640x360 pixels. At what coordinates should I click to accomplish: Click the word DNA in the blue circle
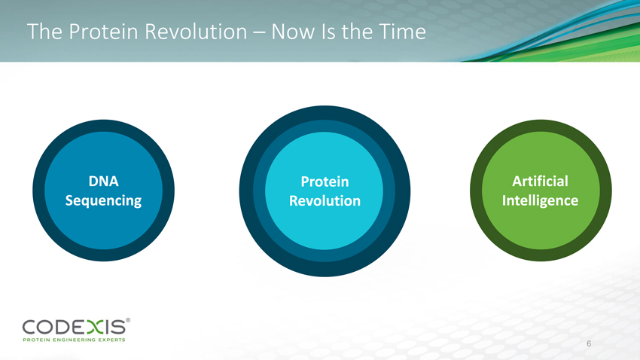pos(104,181)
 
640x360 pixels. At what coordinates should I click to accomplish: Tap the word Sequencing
pos(103,201)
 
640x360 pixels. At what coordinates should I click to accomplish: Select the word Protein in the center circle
pos(325,182)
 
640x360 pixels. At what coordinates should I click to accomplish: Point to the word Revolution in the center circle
pos(325,201)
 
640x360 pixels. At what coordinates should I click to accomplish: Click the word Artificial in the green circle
pos(540,181)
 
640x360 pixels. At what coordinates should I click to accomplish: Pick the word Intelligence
pos(540,201)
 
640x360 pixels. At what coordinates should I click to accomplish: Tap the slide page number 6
pos(589,343)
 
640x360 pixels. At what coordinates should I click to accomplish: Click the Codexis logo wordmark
pos(75,328)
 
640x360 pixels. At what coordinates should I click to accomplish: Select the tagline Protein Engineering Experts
pos(74,340)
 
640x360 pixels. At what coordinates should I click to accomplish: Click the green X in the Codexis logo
pos(96,328)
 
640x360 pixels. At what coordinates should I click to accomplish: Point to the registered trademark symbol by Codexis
pos(128,320)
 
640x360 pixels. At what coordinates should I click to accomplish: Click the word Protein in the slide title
pos(104,32)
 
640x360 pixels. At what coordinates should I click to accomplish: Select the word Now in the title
pos(293,32)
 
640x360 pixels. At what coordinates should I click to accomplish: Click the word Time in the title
pos(403,32)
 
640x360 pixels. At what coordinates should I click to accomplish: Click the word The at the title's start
pos(44,32)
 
